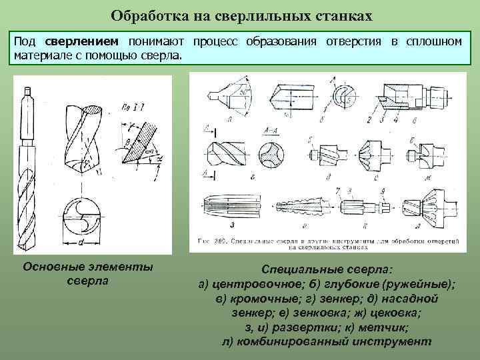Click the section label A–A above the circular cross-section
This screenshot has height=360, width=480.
(x=272, y=130)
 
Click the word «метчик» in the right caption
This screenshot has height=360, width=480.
(x=381, y=328)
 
